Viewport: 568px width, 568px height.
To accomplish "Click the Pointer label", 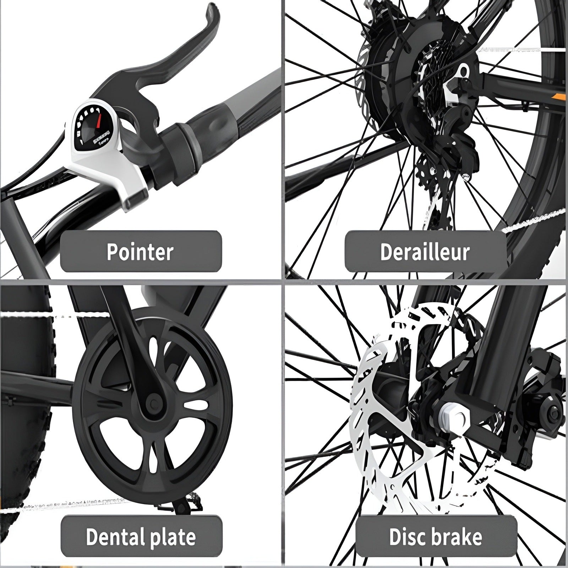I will (141, 252).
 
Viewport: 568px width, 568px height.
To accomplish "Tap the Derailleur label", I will (425, 252).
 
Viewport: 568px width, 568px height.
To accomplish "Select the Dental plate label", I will (141, 536).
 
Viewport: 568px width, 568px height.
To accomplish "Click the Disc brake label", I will (436, 536).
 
